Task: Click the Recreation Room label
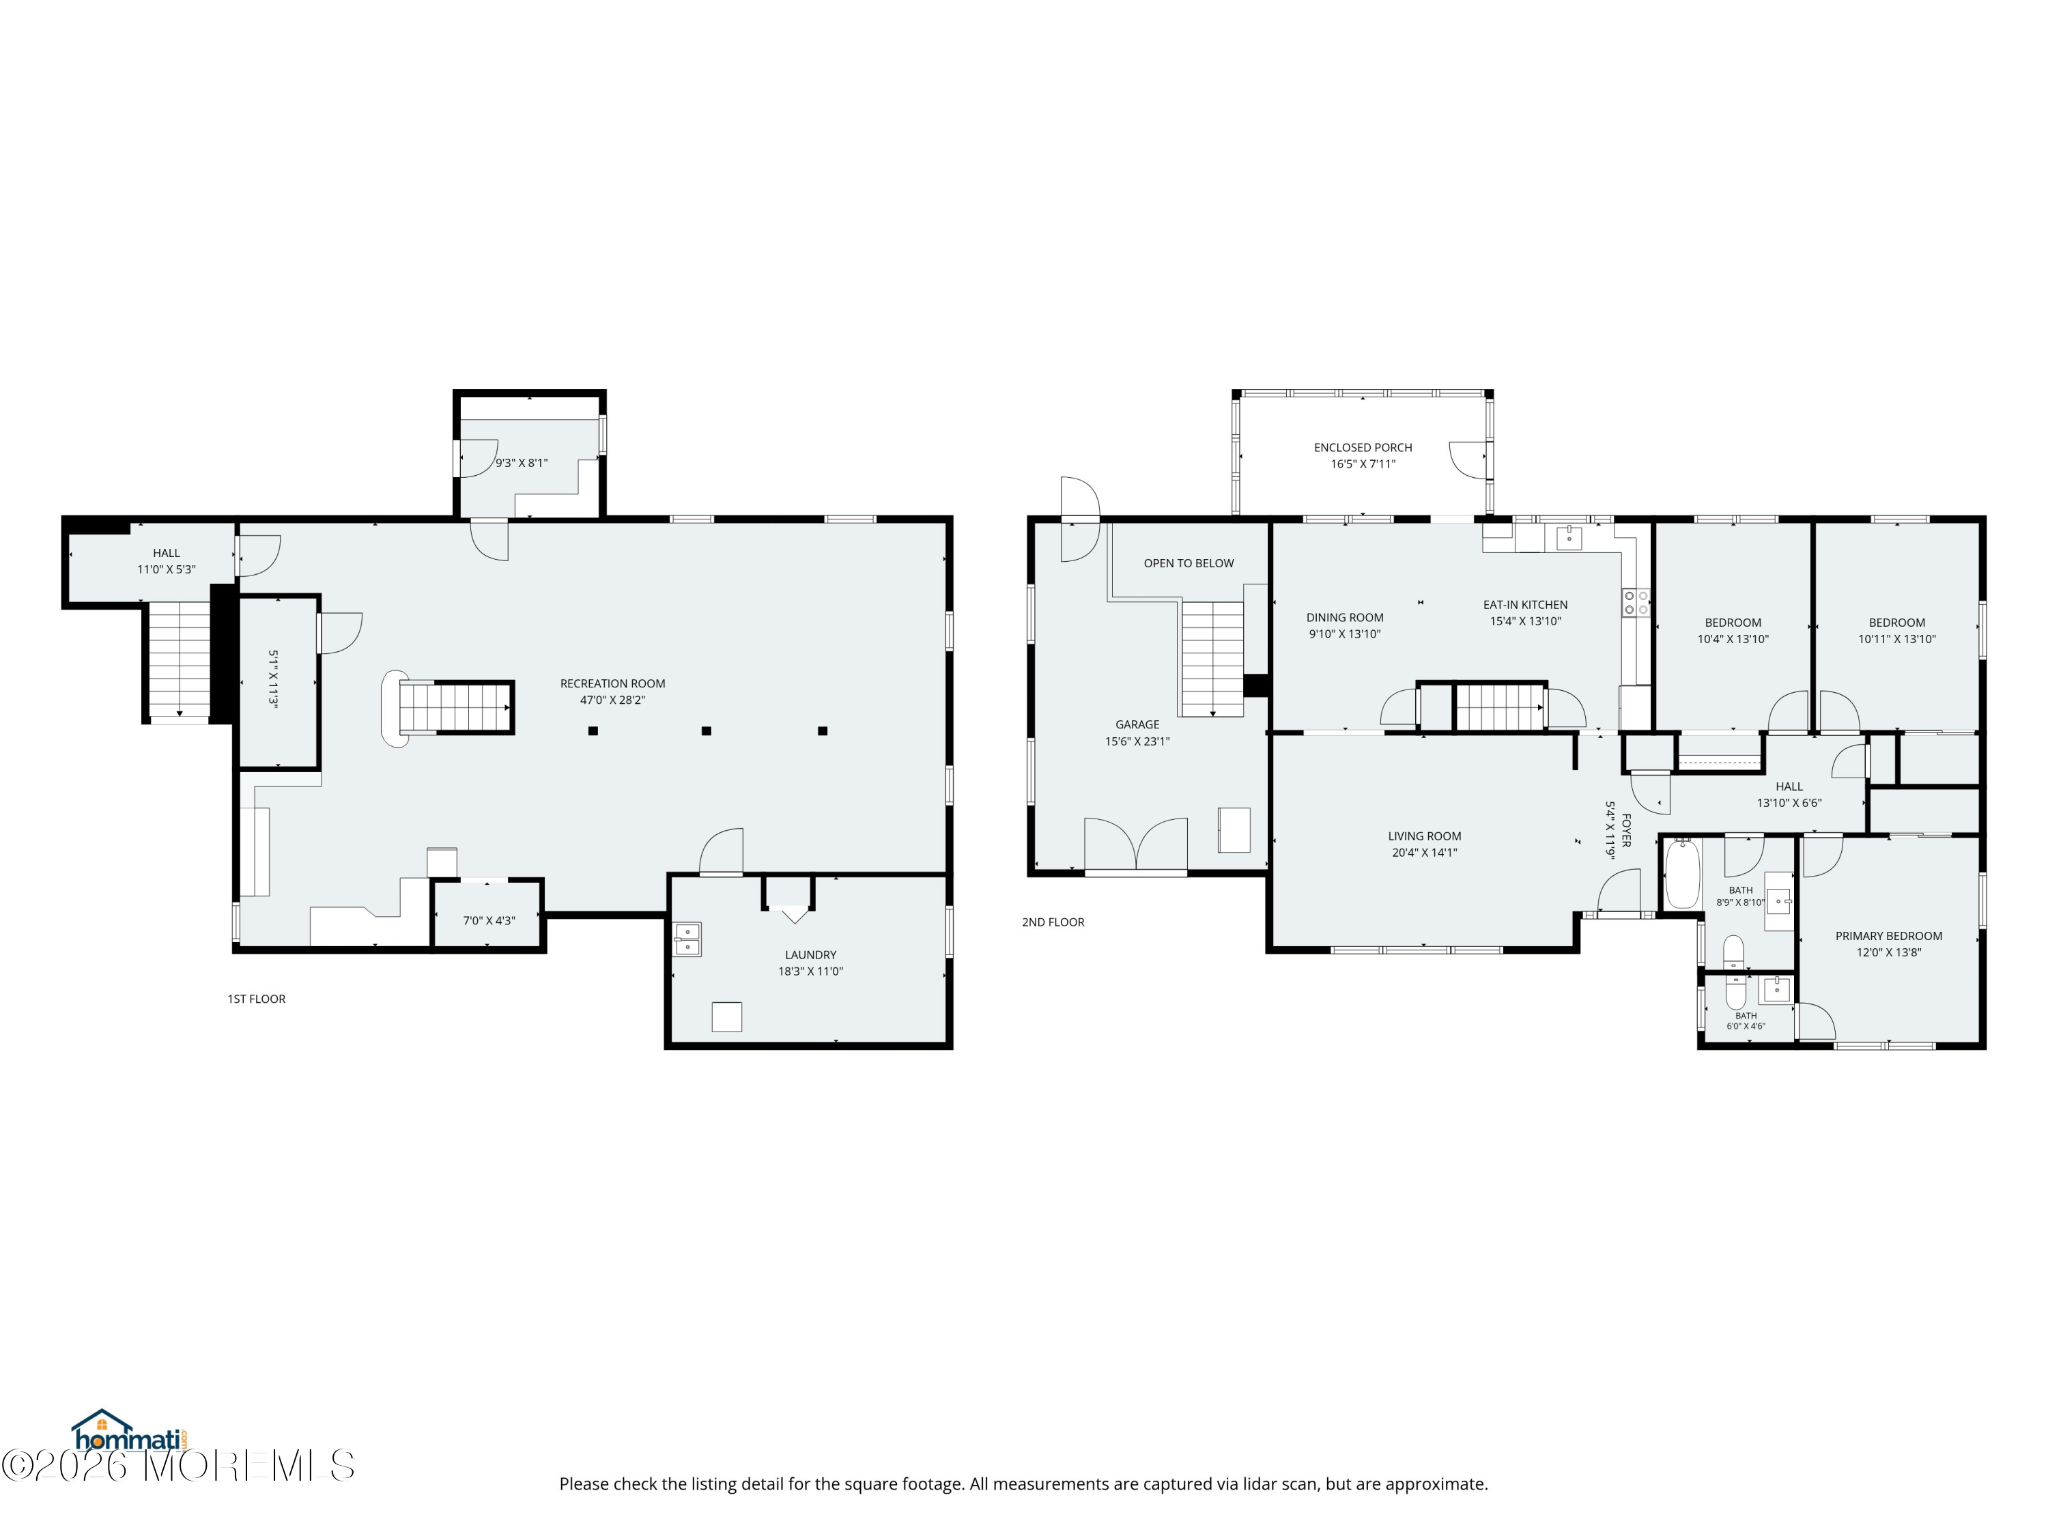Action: click(612, 683)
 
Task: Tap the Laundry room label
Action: click(810, 954)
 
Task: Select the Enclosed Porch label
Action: click(1363, 447)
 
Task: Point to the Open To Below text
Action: click(1188, 563)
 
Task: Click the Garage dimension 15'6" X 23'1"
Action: click(1137, 741)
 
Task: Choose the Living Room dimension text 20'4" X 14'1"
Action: click(1424, 852)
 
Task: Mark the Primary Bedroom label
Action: click(1889, 935)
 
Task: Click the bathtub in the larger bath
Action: click(1682, 874)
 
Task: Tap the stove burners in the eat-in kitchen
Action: click(1635, 603)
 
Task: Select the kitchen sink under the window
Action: click(1568, 537)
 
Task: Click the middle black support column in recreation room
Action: click(707, 730)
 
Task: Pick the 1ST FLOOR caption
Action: click(257, 998)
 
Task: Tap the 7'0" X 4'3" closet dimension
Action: click(489, 920)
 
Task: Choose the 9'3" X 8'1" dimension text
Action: click(522, 462)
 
